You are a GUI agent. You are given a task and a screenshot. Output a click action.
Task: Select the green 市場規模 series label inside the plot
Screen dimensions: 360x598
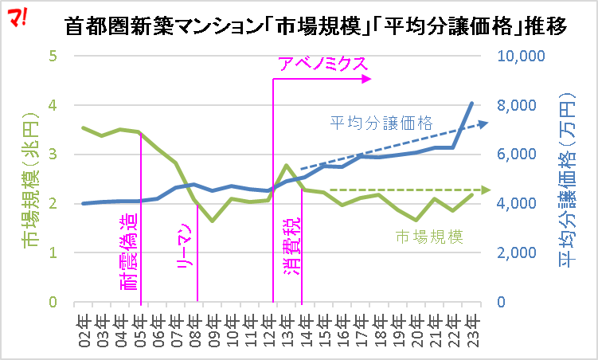click(x=430, y=236)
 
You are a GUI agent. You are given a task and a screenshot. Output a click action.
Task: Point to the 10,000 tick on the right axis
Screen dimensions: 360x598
click(x=519, y=57)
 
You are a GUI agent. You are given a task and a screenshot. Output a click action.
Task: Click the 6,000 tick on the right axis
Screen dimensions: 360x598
click(x=522, y=155)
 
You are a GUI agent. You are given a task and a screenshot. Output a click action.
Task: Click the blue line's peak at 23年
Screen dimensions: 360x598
click(x=472, y=103)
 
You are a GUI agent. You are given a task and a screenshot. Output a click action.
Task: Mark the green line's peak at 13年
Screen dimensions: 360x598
click(x=287, y=166)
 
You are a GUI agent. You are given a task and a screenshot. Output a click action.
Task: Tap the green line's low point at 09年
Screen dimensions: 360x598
click(x=213, y=221)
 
